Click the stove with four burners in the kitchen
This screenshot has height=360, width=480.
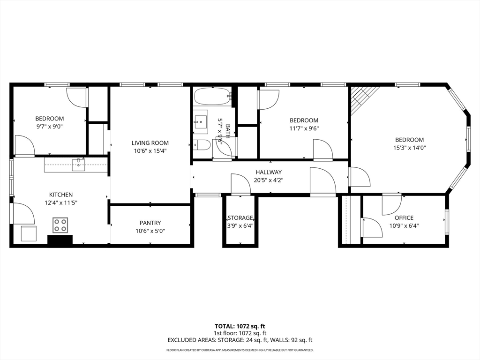(x=60, y=225)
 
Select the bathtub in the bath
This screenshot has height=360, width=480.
(x=212, y=97)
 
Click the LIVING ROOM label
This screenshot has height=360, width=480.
(x=150, y=143)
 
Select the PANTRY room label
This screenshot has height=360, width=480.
(x=150, y=223)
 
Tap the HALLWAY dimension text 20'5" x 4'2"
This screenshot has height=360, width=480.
(x=269, y=180)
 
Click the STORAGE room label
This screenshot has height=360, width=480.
(x=240, y=217)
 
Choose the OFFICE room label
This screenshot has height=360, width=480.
(x=404, y=217)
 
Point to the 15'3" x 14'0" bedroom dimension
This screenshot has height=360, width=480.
(x=409, y=148)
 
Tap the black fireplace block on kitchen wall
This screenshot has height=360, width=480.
(x=60, y=240)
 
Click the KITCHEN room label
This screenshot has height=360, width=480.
(x=61, y=195)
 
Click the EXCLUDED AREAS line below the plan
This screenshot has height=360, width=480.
(x=240, y=340)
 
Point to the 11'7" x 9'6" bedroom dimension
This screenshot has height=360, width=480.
(x=304, y=128)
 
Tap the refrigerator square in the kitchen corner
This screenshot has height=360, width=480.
(x=29, y=233)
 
